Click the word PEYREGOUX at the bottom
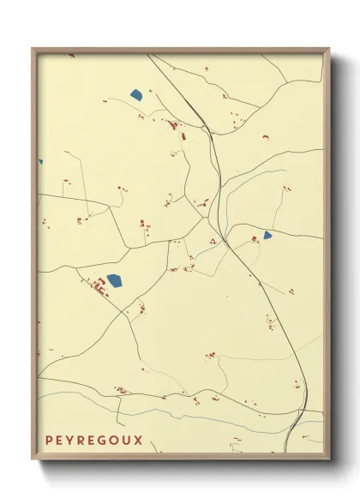pyautogui.click(x=93, y=441)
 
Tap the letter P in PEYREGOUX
pyautogui.click(x=49, y=441)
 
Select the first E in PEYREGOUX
pyautogui.click(x=60, y=441)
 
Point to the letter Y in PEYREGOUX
pyautogui.click(x=71, y=441)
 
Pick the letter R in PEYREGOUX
pyautogui.click(x=82, y=441)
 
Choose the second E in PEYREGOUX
pyautogui.click(x=93, y=441)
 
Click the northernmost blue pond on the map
pyautogui.click(x=135, y=94)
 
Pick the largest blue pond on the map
pyautogui.click(x=114, y=279)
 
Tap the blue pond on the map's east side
pyautogui.click(x=267, y=235)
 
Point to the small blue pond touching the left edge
pyautogui.click(x=39, y=161)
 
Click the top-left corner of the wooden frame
pyautogui.click(x=33, y=49)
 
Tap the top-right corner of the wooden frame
pyautogui.click(x=329, y=49)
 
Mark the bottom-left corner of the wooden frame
pyautogui.click(x=33, y=460)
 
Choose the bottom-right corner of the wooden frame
pyautogui.click(x=329, y=460)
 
